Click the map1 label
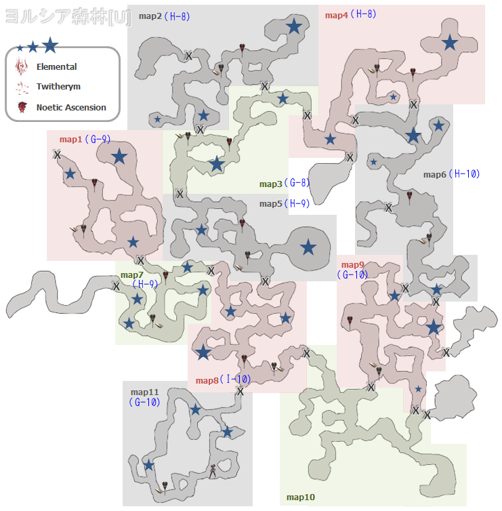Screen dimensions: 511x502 pyautogui.click(x=70, y=140)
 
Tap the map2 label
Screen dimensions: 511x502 pyautogui.click(x=150, y=16)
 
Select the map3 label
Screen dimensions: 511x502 pyautogui.click(x=270, y=184)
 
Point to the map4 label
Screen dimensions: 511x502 pyautogui.click(x=336, y=14)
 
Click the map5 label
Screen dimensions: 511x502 pyautogui.click(x=270, y=203)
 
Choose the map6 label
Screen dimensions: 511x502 pyautogui.click(x=435, y=174)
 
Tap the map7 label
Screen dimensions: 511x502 pyautogui.click(x=131, y=275)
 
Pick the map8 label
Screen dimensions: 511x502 pyautogui.click(x=207, y=380)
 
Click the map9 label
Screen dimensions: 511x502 pyautogui.click(x=352, y=265)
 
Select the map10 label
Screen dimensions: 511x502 pyautogui.click(x=300, y=497)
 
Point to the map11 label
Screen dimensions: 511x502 pyautogui.click(x=144, y=392)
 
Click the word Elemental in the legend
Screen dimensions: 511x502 pyautogui.click(x=56, y=67)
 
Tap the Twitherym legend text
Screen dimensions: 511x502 pyautogui.click(x=58, y=87)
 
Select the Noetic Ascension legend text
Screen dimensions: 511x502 pyautogui.click(x=71, y=107)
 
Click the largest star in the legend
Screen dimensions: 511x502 pyautogui.click(x=50, y=45)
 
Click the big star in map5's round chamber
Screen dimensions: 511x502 pyautogui.click(x=308, y=247)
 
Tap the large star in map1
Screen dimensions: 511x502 pyautogui.click(x=119, y=157)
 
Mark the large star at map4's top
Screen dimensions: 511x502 pyautogui.click(x=449, y=43)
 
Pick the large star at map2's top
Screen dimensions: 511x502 pyautogui.click(x=293, y=26)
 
